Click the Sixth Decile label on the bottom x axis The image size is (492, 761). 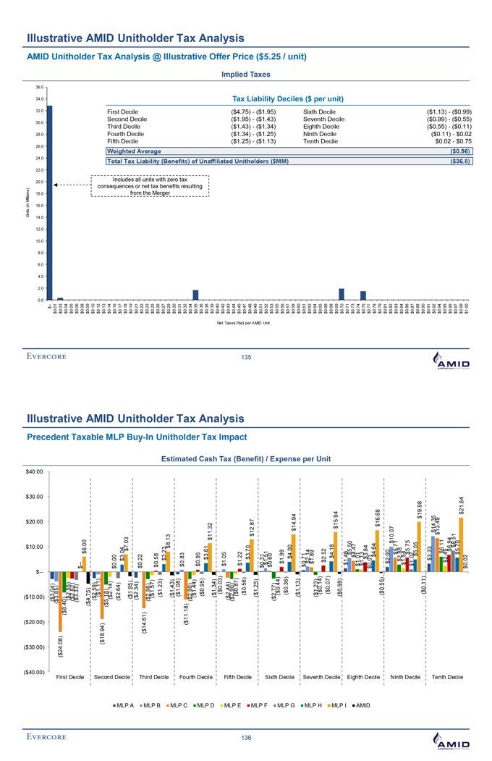[279, 676]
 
